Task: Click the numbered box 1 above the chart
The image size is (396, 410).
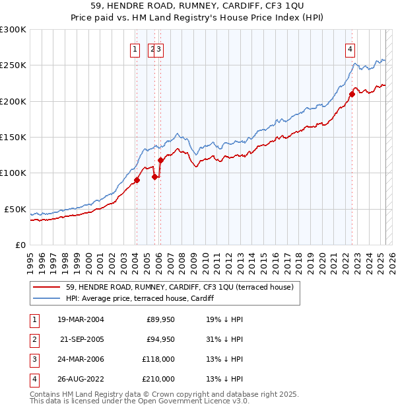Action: coord(135,48)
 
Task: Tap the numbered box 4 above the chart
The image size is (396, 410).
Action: coord(350,48)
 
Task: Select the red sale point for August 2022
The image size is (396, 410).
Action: coord(352,94)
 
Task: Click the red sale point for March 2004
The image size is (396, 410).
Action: coord(137,180)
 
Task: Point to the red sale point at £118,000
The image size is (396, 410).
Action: coord(160,160)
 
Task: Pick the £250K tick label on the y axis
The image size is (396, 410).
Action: coord(13,65)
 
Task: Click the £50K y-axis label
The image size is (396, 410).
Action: coord(16,209)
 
